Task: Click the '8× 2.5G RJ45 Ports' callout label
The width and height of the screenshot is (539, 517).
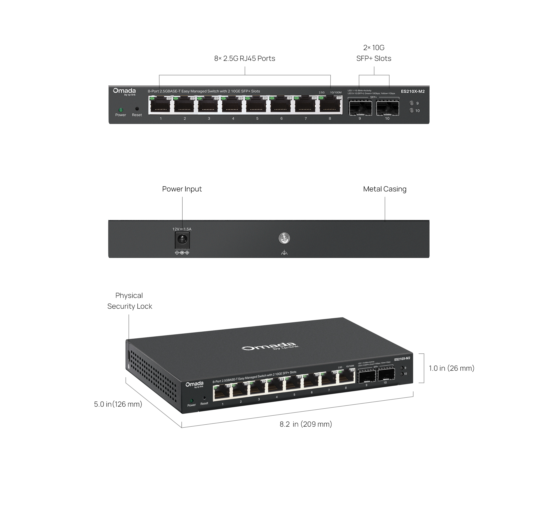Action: [245, 58]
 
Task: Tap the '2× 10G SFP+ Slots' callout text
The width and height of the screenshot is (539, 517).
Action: [373, 53]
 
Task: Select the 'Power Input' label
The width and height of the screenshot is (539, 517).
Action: [182, 189]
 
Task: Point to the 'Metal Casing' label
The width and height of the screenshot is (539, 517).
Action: [384, 189]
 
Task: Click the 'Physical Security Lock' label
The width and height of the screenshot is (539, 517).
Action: [130, 301]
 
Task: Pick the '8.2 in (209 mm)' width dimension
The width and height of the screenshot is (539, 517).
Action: [305, 424]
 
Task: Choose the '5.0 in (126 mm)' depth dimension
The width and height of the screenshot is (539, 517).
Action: [118, 404]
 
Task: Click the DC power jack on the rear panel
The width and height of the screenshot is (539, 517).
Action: [182, 240]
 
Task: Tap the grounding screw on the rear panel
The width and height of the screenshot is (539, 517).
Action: [284, 238]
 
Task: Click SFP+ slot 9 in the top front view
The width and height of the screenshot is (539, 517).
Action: [360, 108]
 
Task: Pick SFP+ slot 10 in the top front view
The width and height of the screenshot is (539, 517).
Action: [387, 108]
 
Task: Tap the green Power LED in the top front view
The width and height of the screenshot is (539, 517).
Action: [120, 110]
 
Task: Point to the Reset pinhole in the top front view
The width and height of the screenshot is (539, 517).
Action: [137, 109]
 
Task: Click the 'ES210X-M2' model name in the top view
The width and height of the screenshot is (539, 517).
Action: [413, 91]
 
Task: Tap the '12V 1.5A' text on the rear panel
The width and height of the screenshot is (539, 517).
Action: [182, 229]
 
